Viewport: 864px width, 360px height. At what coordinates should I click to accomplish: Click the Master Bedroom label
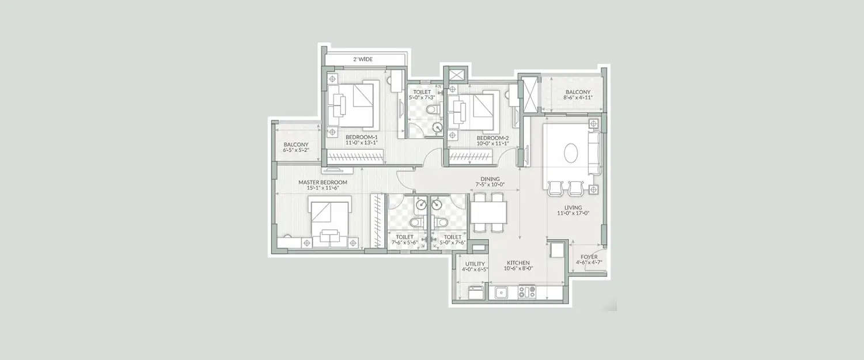(x=323, y=182)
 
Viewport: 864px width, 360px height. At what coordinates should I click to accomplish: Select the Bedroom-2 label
(x=492, y=138)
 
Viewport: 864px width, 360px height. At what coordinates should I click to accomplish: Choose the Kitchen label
(x=518, y=262)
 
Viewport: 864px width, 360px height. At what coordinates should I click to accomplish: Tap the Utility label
(x=475, y=264)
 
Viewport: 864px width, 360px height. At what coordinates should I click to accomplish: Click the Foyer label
(x=589, y=257)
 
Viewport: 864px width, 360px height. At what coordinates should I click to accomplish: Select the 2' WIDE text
(x=363, y=59)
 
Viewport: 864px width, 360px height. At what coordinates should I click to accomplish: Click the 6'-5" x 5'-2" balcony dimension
(x=296, y=150)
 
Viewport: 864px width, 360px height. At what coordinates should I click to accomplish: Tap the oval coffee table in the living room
(x=571, y=154)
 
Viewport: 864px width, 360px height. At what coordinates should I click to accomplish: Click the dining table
(x=488, y=213)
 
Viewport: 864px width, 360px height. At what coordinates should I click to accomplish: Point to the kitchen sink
(x=501, y=293)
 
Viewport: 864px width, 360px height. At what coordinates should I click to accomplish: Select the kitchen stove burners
(x=526, y=292)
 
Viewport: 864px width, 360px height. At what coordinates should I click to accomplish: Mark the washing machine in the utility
(x=476, y=293)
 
